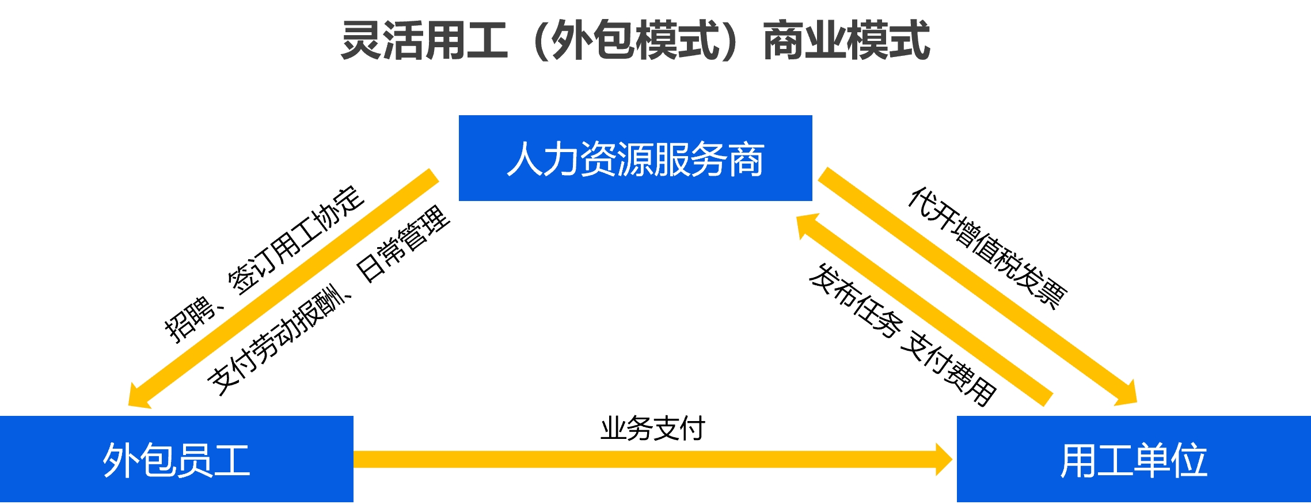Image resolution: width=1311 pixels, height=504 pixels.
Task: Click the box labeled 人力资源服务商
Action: (635, 158)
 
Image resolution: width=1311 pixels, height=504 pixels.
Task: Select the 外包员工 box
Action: (176, 459)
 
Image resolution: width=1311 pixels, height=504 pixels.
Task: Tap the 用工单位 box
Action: (1133, 459)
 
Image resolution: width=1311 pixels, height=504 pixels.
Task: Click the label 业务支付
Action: (652, 429)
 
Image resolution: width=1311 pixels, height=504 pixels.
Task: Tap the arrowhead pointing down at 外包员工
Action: (138, 397)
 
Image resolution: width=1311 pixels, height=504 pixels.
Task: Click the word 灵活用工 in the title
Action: (424, 40)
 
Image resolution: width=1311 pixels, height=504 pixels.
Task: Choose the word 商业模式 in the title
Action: (846, 40)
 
